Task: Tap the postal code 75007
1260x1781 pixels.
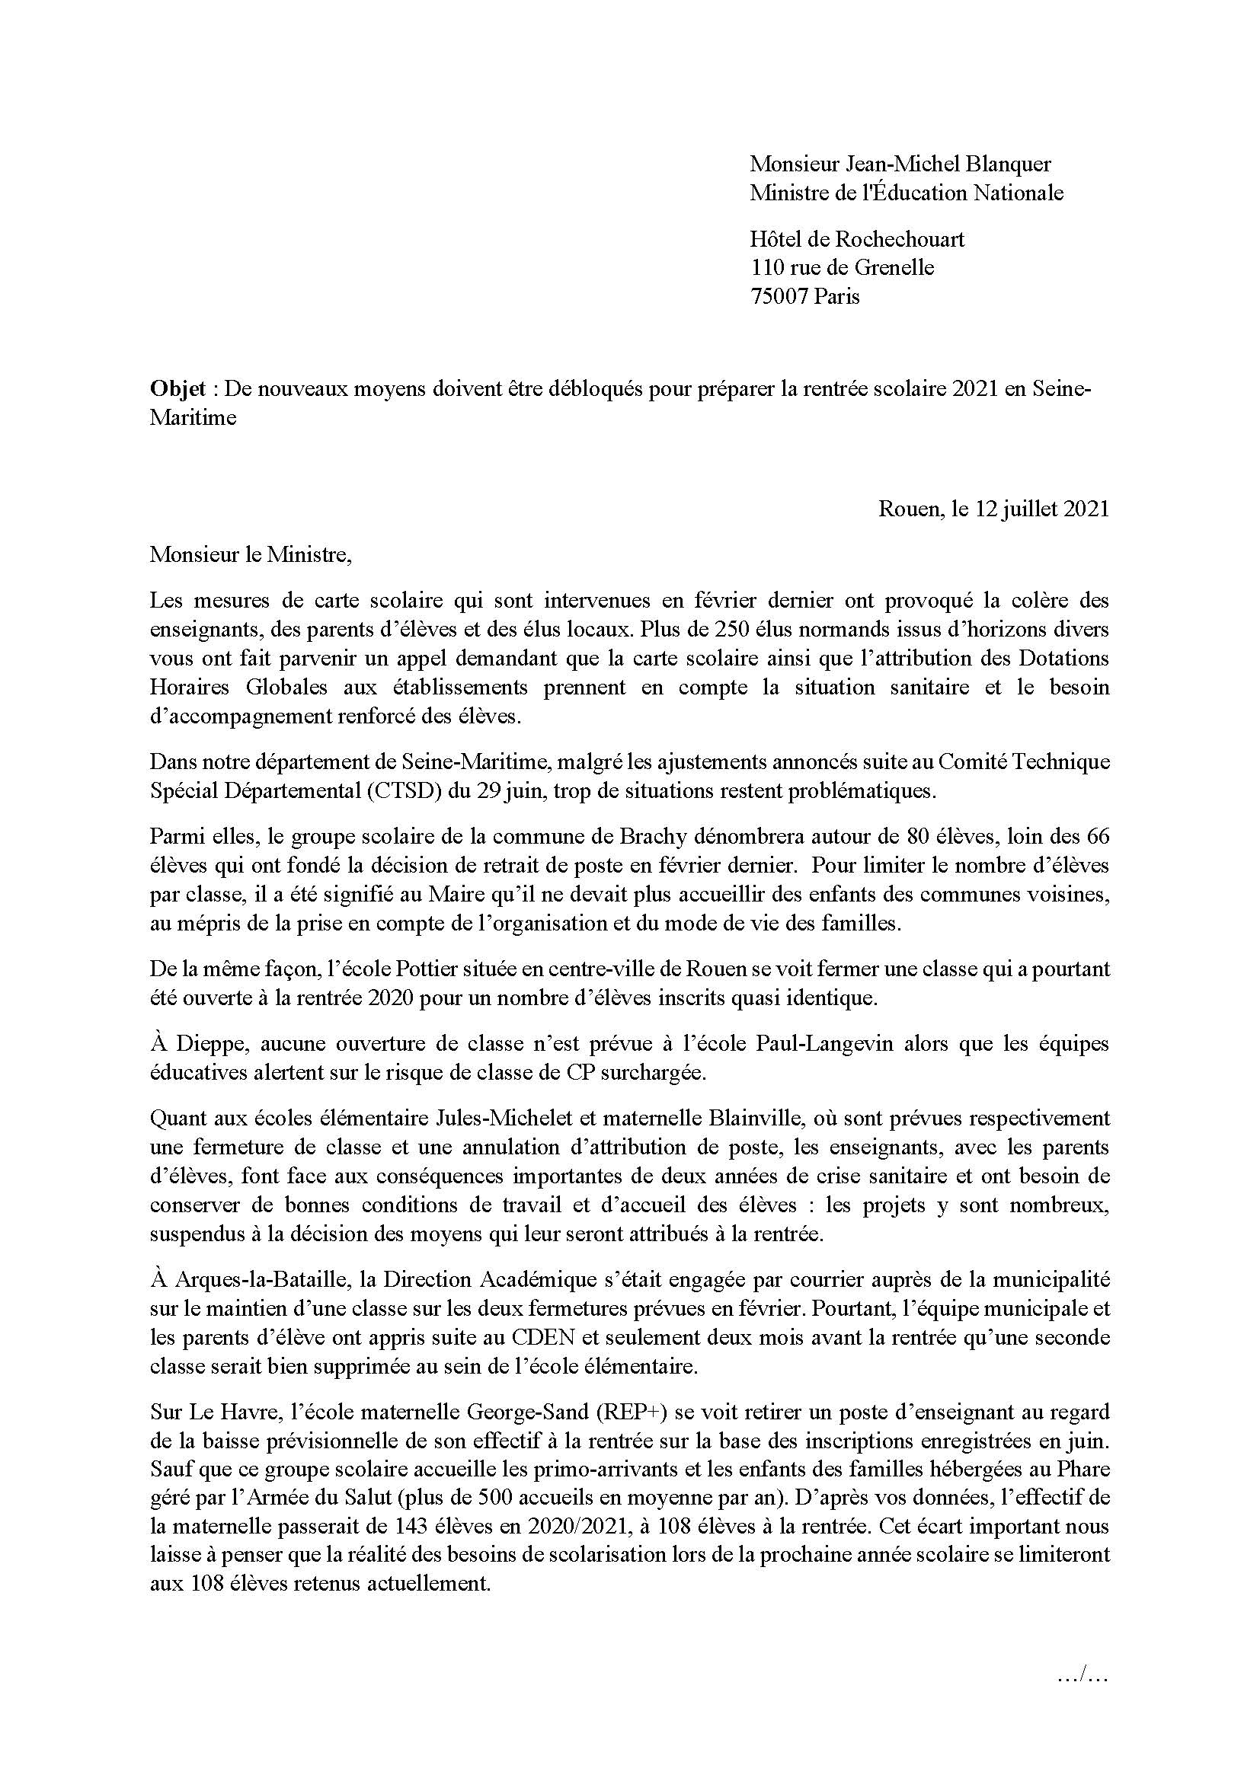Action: [780, 296]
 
